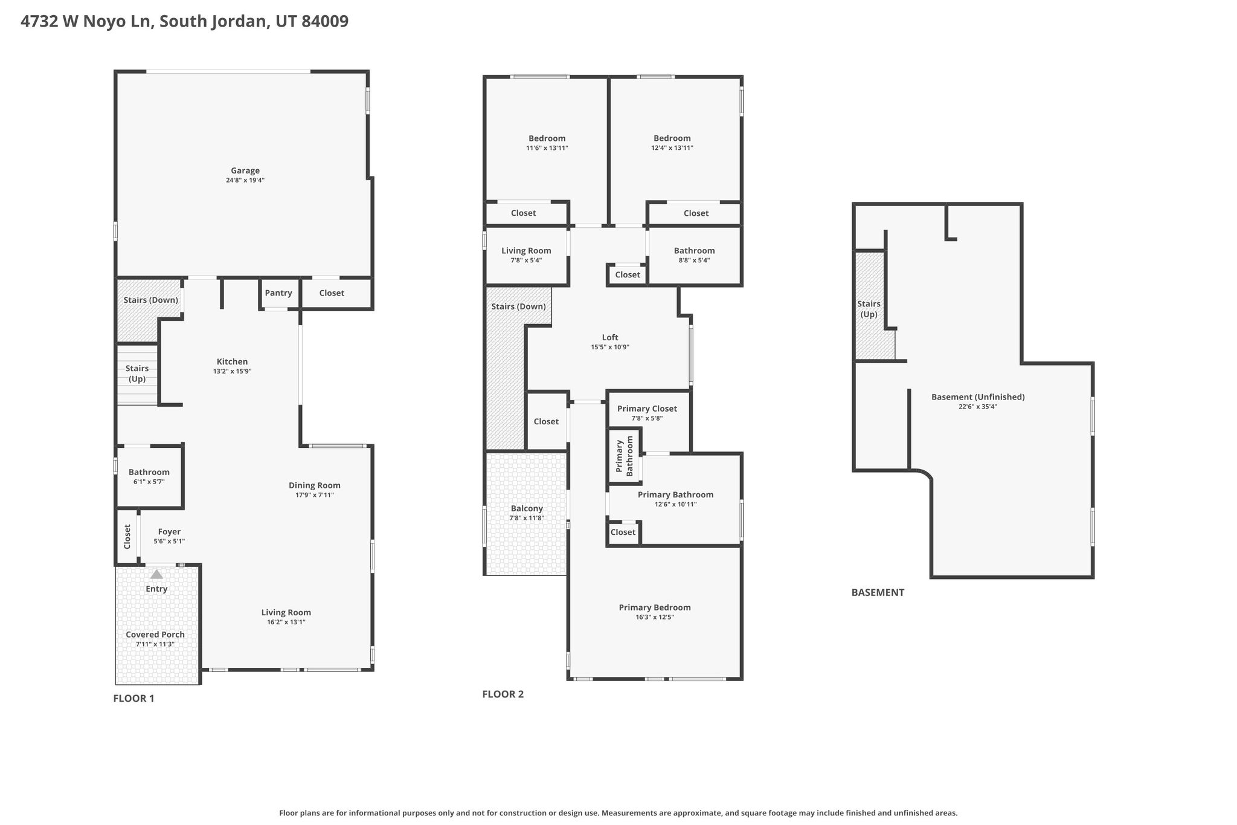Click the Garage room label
coord(245,170)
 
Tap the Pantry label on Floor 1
coord(278,293)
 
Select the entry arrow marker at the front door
coord(156,574)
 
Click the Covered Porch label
coord(155,635)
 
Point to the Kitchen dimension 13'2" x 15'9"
coord(233,372)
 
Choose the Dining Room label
coord(315,485)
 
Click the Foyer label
coord(169,532)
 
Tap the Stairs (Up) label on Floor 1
coord(137,374)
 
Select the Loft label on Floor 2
coord(610,337)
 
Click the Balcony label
coord(527,508)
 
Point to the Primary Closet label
coord(647,409)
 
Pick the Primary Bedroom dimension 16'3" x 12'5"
coord(655,617)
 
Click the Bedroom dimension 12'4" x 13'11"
coord(672,148)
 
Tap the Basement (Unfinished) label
coord(978,397)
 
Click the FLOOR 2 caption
coord(503,694)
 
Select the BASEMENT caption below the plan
coord(878,592)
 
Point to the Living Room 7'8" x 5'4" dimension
coord(527,260)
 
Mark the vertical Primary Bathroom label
coord(624,456)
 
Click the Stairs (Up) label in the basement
coord(869,309)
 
